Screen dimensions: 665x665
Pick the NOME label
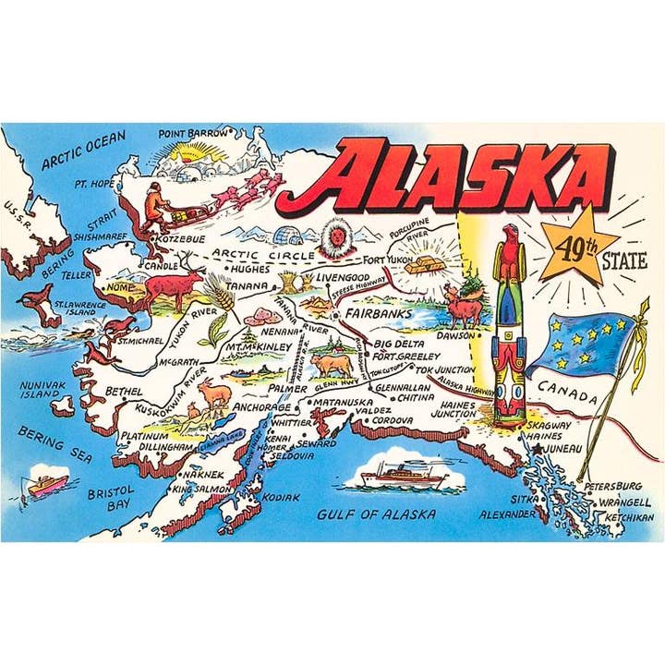(x=120, y=287)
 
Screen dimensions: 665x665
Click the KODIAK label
(x=282, y=497)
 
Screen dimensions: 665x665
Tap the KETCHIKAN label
(x=629, y=518)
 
